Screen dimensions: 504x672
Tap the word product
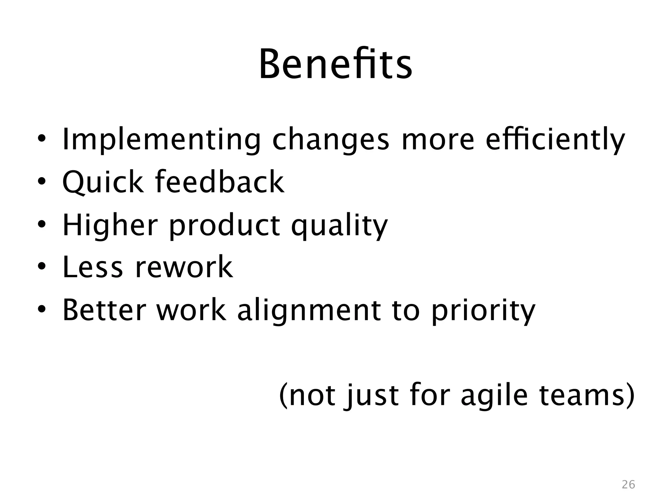point(225,225)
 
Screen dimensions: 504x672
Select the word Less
point(93,267)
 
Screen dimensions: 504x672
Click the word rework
point(184,267)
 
